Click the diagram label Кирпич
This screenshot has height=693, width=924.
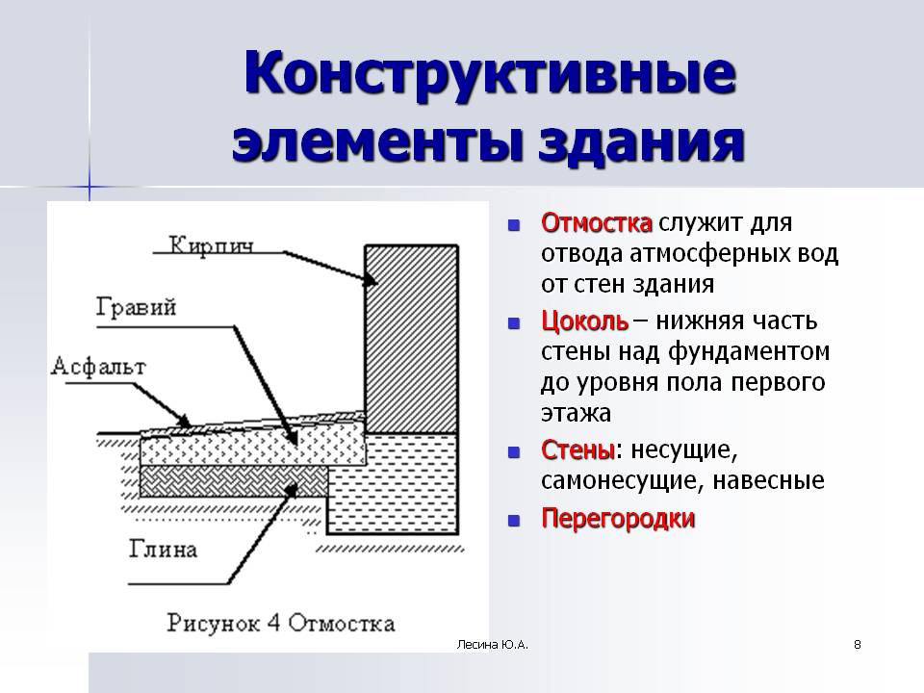(212, 245)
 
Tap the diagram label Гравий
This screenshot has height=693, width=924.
(136, 308)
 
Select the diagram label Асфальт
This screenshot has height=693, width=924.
(98, 367)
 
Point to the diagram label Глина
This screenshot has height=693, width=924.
(163, 550)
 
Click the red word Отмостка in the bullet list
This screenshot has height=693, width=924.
(597, 222)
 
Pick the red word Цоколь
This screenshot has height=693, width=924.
(584, 321)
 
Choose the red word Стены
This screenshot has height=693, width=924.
(577, 450)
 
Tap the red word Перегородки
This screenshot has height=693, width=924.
(618, 519)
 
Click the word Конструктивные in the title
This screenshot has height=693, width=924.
(490, 74)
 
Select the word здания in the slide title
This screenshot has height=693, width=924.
(642, 143)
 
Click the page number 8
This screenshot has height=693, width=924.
(858, 645)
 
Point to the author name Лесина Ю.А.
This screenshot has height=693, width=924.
(493, 645)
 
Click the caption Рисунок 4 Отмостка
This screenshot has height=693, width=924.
(280, 624)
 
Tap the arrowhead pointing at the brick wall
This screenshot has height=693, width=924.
(370, 280)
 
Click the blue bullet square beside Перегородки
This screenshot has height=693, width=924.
(514, 521)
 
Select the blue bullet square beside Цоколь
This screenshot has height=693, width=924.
(514, 323)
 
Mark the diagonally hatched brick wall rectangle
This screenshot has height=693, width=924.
(411, 340)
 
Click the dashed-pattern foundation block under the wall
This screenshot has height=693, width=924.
(393, 484)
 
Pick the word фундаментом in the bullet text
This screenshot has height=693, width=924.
(749, 352)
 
